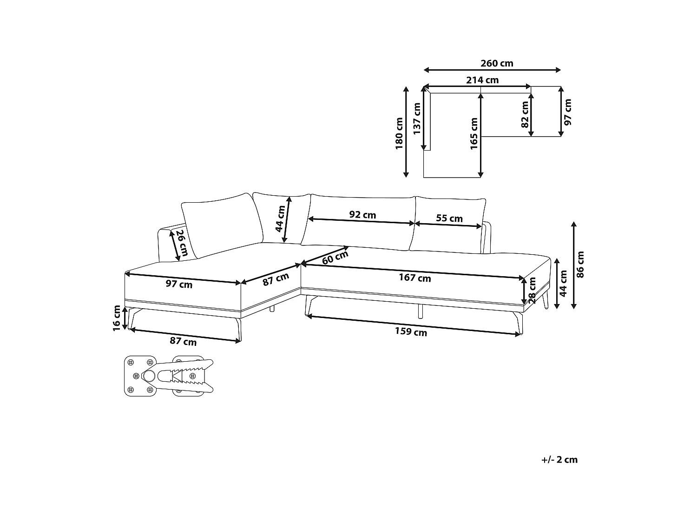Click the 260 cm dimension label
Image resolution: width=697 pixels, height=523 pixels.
[497, 64]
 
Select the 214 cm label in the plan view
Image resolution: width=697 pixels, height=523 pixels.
[482, 80]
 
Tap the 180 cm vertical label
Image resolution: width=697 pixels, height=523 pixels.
[399, 133]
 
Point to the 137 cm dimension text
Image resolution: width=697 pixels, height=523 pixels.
[417, 119]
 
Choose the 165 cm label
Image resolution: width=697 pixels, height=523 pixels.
[474, 134]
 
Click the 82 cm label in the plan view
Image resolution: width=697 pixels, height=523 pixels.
[525, 114]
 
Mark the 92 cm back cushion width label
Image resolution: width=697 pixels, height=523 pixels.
[362, 215]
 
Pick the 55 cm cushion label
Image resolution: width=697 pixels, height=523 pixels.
[449, 218]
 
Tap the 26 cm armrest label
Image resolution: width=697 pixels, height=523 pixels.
[182, 243]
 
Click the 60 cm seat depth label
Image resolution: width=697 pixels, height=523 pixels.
[335, 257]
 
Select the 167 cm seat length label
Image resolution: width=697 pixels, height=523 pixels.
[414, 278]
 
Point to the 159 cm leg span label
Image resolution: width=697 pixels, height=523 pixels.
[411, 331]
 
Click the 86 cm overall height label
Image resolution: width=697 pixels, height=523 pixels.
[580, 265]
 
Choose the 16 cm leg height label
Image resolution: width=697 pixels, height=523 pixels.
[117, 318]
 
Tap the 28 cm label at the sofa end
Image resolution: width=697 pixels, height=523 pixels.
[532, 290]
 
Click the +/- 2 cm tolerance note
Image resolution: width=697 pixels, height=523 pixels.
[559, 460]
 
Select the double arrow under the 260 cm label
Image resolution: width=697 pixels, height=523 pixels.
[492, 70]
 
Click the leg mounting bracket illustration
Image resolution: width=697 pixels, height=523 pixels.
[169, 376]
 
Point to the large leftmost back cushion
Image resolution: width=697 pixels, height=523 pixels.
[222, 225]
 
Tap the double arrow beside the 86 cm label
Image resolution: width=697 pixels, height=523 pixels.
[573, 265]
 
